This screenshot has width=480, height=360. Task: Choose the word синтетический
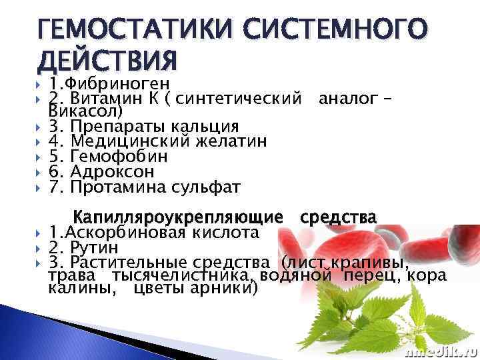pyautogui.click(x=240, y=99)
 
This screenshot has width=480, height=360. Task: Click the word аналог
pyautogui.click(x=347, y=99)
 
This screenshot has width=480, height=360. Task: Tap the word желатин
pyautogui.click(x=231, y=141)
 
